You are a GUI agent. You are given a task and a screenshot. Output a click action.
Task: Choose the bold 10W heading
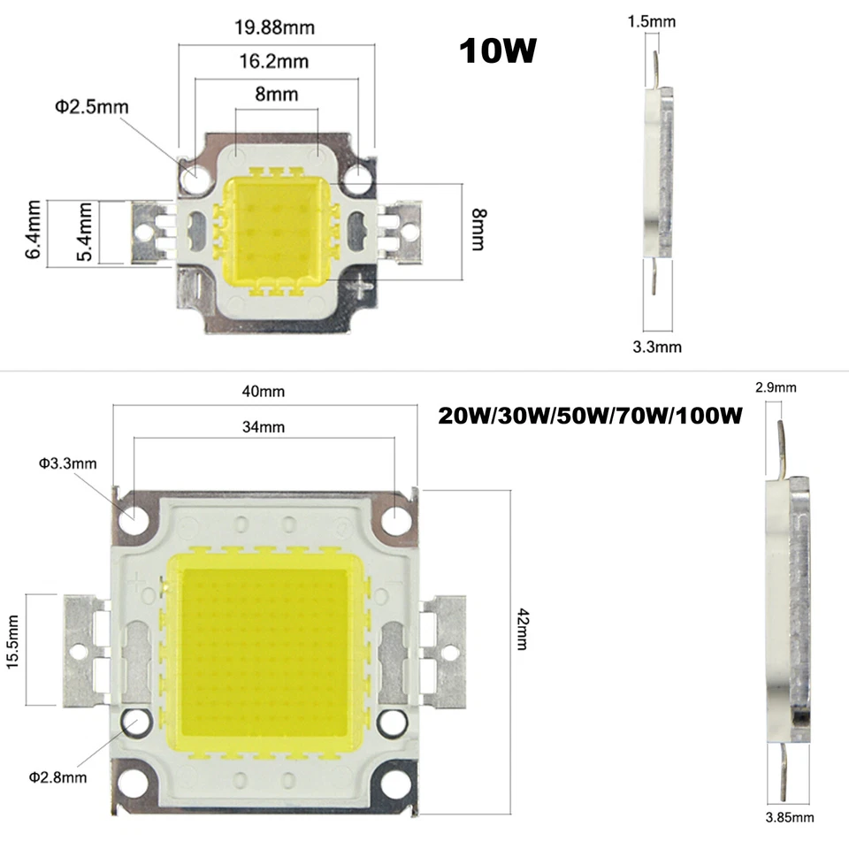pyautogui.click(x=498, y=50)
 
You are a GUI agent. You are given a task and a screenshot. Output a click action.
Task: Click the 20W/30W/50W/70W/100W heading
pyautogui.click(x=589, y=415)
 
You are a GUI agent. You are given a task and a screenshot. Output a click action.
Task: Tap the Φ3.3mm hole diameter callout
pyautogui.click(x=67, y=463)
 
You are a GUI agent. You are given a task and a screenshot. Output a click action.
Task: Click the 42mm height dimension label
pyautogui.click(x=522, y=630)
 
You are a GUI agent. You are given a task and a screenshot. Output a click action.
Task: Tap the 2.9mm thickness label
pyautogui.click(x=776, y=386)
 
